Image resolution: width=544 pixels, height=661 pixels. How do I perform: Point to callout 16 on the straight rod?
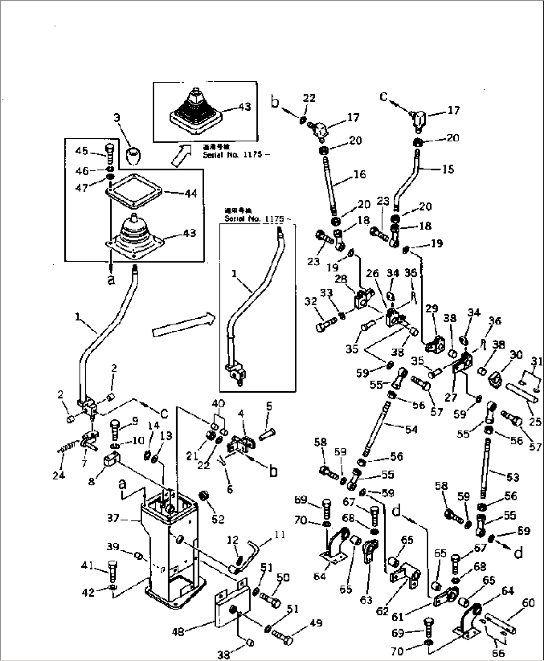[x=359, y=174]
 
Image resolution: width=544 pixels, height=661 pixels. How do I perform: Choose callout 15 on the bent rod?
[x=448, y=169]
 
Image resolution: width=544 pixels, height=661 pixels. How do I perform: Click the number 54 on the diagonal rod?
[x=411, y=429]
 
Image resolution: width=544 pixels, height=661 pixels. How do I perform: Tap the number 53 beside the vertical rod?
[x=513, y=477]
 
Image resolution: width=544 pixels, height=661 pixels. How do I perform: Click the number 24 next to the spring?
[x=58, y=475]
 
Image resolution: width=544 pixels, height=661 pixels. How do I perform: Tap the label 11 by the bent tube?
[x=280, y=535]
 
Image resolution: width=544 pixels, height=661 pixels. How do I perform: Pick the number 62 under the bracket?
[x=382, y=610]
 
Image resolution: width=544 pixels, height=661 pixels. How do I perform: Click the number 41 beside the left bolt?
[x=87, y=565]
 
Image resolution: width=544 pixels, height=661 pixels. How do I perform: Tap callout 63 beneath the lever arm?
[x=366, y=600]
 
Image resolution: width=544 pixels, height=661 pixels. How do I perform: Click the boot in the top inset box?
[x=194, y=112]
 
